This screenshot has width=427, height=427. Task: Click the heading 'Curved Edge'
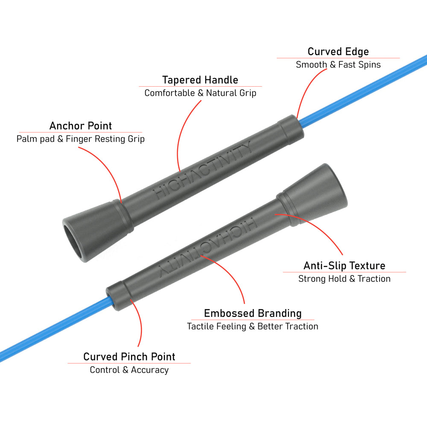coord(338,52)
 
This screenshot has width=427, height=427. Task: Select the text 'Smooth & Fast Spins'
coord(338,65)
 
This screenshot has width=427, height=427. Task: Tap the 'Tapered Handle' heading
coord(200,80)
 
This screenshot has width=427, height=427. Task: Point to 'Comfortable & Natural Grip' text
coord(200,93)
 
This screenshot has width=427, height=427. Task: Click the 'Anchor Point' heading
coord(81,126)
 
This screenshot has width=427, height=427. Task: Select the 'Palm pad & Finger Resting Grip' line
coord(80,139)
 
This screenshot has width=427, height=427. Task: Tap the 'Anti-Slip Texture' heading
coord(345,266)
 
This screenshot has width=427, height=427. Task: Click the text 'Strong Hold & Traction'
coord(345,278)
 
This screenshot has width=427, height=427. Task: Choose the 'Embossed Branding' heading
coord(253,313)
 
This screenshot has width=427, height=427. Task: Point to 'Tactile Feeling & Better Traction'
coord(252,326)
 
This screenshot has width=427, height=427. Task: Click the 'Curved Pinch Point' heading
coord(129,357)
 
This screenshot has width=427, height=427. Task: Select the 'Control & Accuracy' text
coord(129,370)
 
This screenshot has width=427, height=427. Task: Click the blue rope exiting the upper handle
coord(363,91)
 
